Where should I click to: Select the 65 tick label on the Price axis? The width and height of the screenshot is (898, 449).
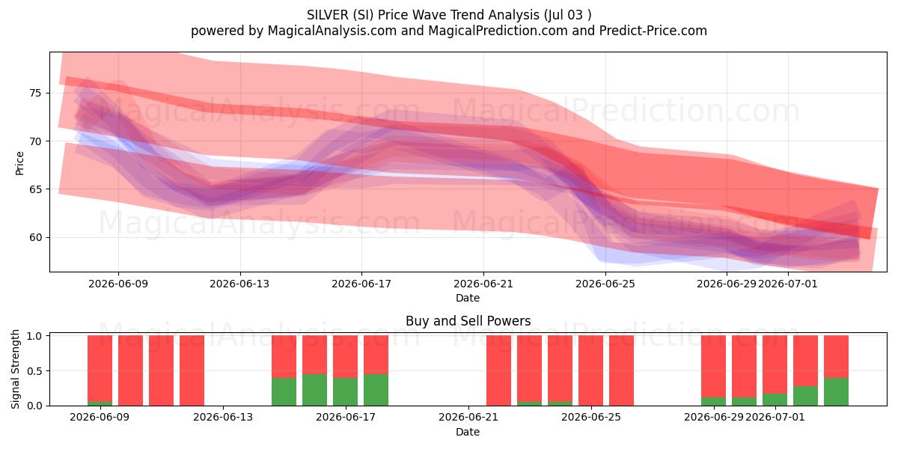click(x=35, y=189)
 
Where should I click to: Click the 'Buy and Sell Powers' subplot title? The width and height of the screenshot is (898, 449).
click(x=468, y=321)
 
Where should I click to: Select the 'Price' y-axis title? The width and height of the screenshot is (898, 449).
click(x=19, y=163)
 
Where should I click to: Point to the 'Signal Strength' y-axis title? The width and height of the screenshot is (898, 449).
click(x=15, y=369)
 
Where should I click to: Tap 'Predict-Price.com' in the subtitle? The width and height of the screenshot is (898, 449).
click(x=653, y=31)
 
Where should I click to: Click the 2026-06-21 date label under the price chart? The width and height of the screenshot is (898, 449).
click(x=483, y=284)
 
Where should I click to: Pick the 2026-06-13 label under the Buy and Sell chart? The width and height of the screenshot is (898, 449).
click(x=223, y=418)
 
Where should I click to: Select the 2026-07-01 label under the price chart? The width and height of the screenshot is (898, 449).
click(x=787, y=284)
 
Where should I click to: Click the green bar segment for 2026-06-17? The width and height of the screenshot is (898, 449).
click(x=346, y=391)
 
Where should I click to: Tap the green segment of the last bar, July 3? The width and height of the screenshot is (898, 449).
click(x=837, y=391)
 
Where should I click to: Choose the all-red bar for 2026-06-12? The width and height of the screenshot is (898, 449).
click(x=192, y=370)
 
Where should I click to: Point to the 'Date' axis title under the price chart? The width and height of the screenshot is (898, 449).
click(x=468, y=298)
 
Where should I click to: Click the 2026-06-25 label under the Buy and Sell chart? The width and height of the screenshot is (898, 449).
click(x=591, y=418)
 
